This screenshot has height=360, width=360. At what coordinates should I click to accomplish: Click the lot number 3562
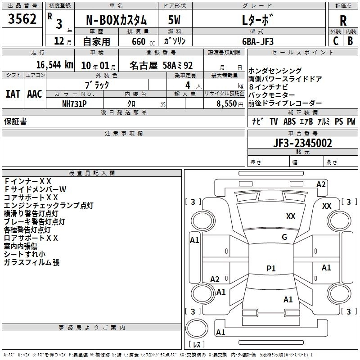coord(22,19)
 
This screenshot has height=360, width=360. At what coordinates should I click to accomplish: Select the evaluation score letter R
coord(343,21)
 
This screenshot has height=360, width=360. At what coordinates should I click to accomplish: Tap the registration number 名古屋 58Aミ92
coord(161,65)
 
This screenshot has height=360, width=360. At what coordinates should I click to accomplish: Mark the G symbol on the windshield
coord(284,237)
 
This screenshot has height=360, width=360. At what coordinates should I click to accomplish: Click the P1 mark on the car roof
coord(271,269)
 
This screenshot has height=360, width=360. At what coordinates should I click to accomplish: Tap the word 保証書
coord(15,121)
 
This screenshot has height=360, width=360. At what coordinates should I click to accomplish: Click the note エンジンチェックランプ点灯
coord(49,206)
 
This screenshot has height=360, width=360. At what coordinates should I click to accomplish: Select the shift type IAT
coord(13,94)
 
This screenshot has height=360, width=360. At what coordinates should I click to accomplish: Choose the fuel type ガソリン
coord(175,41)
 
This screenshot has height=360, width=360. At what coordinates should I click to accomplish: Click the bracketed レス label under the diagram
coord(196,345)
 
